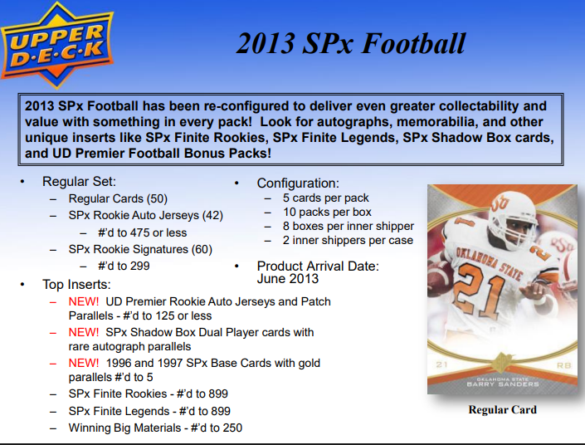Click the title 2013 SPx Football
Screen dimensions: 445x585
click(x=350, y=44)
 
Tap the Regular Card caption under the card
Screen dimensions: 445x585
click(x=502, y=409)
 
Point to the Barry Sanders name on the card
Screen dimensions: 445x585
click(x=502, y=384)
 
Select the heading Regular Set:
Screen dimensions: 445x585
click(x=80, y=182)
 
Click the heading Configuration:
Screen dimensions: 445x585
click(x=298, y=183)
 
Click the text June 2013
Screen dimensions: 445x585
click(x=288, y=279)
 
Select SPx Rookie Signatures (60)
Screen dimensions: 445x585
click(x=141, y=249)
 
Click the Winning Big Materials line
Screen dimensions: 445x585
click(x=155, y=428)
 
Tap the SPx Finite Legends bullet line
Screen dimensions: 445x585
click(x=149, y=411)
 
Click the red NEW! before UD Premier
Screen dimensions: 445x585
click(x=85, y=302)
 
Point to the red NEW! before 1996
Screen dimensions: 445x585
click(x=85, y=364)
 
